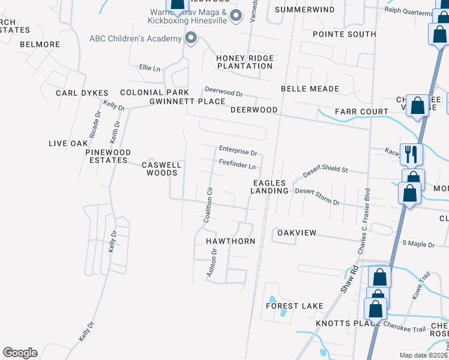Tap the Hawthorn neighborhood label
click(231, 241)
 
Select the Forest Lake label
click(295, 306)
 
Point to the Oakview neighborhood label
click(296, 232)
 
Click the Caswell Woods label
click(160, 169)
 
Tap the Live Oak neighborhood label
click(68, 143)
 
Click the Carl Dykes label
click(82, 93)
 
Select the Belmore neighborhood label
click(40, 44)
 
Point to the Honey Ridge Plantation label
click(245, 62)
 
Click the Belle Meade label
click(310, 89)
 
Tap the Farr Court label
click(361, 112)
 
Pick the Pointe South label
click(345, 34)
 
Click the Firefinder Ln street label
click(238, 165)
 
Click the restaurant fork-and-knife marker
click(411, 154)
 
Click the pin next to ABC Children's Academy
click(191, 39)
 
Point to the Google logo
click(20, 353)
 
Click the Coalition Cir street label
click(209, 206)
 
